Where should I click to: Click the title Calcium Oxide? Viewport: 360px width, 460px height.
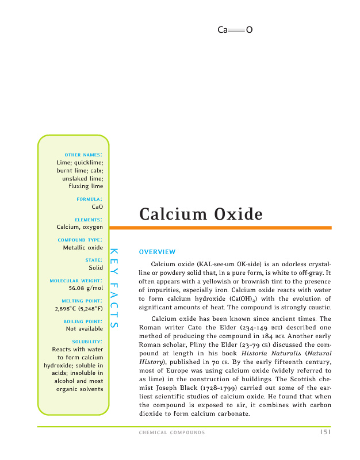(201, 214)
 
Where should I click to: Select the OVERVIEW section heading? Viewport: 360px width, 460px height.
(157, 252)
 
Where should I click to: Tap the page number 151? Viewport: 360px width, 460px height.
(324, 432)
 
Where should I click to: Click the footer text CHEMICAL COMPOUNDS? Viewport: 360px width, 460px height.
(172, 432)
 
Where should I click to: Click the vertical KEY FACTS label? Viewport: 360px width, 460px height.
(114, 288)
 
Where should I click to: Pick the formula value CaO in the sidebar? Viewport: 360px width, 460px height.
(97, 206)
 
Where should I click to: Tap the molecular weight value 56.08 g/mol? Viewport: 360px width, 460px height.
(86, 289)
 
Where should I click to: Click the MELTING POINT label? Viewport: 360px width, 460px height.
(82, 301)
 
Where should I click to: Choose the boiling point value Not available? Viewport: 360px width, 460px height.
(84, 329)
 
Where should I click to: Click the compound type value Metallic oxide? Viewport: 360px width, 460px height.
(83, 247)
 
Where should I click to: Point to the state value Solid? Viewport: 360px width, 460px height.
(95, 268)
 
